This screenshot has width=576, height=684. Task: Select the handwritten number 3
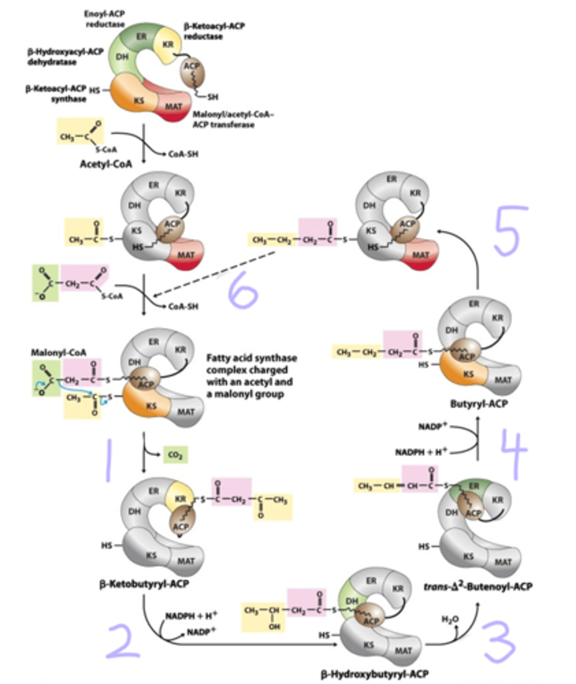coord(498,643)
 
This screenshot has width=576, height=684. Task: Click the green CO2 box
coord(175,455)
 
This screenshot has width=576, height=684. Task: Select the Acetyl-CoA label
coord(106,164)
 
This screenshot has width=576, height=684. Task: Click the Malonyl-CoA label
coord(58,353)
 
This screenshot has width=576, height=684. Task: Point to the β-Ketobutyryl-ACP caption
coord(145,585)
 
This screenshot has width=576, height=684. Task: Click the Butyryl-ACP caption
coord(479,404)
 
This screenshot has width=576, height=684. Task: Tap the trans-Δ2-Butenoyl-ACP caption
coord(478,585)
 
